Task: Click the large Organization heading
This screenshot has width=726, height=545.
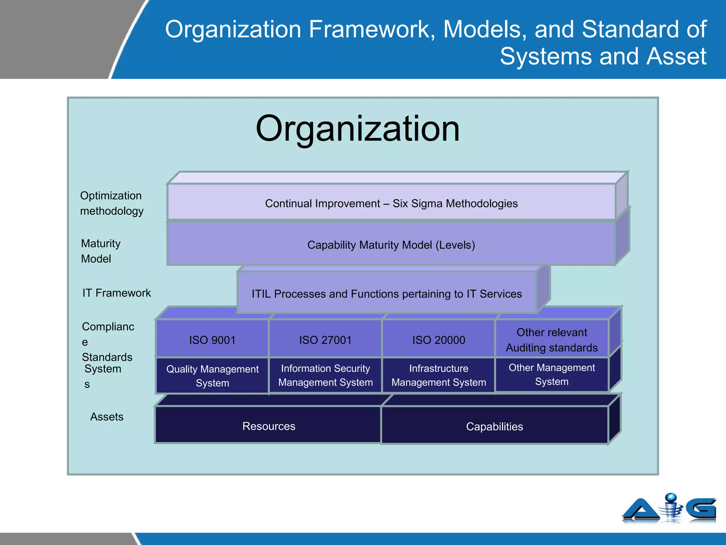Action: (357, 129)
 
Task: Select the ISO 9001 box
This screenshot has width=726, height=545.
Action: (212, 340)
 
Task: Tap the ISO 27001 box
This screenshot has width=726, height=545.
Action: (325, 340)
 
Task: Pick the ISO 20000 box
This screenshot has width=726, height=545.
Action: (439, 340)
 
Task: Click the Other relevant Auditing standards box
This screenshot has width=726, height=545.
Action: (552, 340)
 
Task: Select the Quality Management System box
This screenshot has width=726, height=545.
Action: (212, 376)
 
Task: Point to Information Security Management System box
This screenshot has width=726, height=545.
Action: (325, 375)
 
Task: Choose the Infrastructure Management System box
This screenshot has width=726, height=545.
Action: (439, 375)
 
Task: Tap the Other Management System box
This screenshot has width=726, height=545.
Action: (552, 374)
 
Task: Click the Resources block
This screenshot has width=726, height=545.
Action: (268, 426)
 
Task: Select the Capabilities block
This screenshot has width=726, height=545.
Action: (494, 426)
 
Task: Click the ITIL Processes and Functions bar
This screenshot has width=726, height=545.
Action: (386, 293)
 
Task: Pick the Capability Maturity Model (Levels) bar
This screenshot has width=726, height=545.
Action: (391, 244)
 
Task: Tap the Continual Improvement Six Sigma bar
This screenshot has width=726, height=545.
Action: (391, 203)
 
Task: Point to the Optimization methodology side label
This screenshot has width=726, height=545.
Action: (111, 203)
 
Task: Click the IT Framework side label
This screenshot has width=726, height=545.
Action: (116, 293)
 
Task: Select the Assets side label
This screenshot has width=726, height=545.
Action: (106, 417)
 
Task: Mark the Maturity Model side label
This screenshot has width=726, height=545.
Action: (100, 251)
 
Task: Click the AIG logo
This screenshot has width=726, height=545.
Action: (669, 508)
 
